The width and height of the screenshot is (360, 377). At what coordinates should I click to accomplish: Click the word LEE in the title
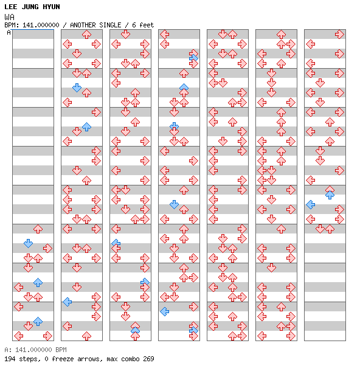[x=11, y=7]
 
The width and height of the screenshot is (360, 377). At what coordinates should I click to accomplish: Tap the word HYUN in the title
[x=52, y=7]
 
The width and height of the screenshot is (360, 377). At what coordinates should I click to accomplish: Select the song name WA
[x=9, y=17]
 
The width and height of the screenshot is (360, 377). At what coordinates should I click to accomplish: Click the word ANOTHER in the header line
[x=83, y=25]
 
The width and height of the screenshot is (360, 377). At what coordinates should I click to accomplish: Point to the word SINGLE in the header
[x=110, y=25]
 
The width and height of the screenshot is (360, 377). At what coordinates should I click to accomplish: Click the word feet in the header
[x=147, y=25]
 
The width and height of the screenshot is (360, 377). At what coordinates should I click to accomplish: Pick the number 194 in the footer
[x=10, y=359]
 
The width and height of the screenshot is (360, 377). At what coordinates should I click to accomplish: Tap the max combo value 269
[x=148, y=359]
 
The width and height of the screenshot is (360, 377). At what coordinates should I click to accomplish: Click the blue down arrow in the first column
[x=29, y=243]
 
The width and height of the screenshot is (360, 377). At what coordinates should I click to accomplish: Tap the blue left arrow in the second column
[x=67, y=302]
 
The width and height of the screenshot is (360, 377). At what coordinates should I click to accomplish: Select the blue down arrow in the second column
[x=77, y=88]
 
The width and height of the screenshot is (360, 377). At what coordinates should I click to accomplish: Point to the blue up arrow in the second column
[x=86, y=126]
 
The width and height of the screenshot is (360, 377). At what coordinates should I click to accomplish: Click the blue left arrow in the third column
[x=116, y=243]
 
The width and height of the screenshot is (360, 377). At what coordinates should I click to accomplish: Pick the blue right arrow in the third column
[x=145, y=282]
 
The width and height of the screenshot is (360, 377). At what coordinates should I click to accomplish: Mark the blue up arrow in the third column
[x=135, y=330]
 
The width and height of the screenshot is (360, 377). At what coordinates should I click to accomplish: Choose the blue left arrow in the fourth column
[x=164, y=311]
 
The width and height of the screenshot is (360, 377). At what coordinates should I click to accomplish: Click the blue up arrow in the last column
[x=330, y=195]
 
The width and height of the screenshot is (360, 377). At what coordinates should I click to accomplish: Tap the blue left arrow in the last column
[x=311, y=204]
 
